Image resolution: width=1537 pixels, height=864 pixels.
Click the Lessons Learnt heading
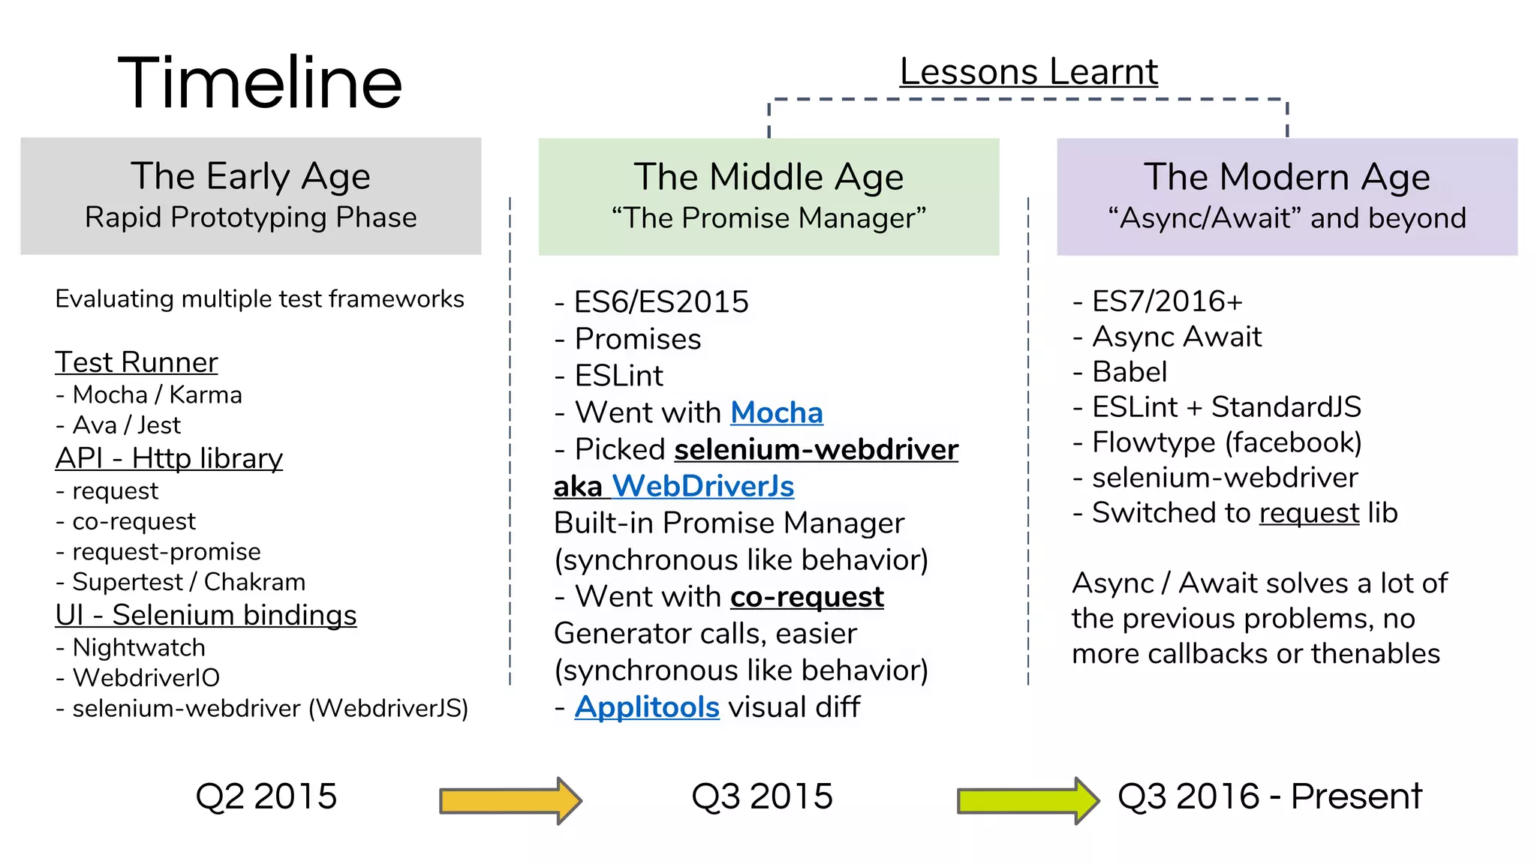tap(1028, 72)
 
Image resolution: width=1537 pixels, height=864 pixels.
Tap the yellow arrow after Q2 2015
tap(510, 800)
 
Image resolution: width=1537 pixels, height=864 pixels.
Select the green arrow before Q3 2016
tap(1027, 800)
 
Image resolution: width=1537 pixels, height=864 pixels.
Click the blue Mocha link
tap(777, 412)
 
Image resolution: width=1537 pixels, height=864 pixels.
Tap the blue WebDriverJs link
tap(703, 486)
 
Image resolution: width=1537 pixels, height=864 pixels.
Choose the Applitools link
tap(647, 706)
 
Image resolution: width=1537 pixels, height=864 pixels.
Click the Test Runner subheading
tap(137, 362)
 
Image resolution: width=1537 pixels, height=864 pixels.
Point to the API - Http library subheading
tap(169, 458)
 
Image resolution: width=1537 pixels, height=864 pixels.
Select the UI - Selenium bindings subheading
tap(206, 615)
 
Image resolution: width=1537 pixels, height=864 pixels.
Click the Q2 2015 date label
tap(266, 796)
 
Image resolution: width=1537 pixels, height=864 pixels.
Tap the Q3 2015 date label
tap(762, 796)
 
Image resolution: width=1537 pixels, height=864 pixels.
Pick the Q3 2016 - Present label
tap(1269, 796)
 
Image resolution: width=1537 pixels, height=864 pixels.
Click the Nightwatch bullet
tap(138, 647)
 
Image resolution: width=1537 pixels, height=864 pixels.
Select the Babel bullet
tap(1129, 372)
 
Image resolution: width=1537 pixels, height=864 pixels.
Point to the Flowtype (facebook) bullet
tap(1226, 442)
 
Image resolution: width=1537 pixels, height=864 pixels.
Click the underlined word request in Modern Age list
tap(1309, 513)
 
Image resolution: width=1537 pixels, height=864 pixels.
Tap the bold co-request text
tap(807, 597)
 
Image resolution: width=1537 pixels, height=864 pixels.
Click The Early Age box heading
tap(251, 177)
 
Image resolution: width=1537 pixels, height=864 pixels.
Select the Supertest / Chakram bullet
tap(188, 582)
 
